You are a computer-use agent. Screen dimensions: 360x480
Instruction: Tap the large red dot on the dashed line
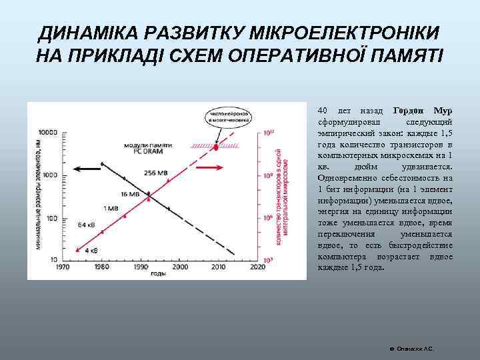pyautogui.click(x=216, y=144)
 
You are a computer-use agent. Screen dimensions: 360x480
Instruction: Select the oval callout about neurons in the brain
pyautogui.click(x=228, y=119)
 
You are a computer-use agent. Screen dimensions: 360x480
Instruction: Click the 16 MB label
pyautogui.click(x=131, y=194)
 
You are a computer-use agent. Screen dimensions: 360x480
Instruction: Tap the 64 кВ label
pyautogui.click(x=87, y=224)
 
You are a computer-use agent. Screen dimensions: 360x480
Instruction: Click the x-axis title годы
pyautogui.click(x=158, y=273)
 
